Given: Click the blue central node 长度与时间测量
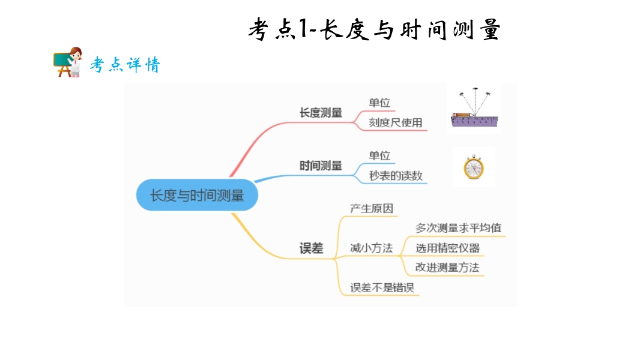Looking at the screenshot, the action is tap(197, 195).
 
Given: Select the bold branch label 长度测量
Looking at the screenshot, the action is tap(321, 113).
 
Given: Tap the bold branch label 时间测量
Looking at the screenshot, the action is tap(321, 166).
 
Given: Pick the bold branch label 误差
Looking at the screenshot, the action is tap(311, 248).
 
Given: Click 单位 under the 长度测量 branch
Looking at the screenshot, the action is tap(379, 103).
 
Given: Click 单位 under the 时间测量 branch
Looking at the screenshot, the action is tap(379, 155).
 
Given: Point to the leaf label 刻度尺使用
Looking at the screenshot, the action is tap(396, 122).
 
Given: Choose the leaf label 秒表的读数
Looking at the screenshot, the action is tap(396, 175).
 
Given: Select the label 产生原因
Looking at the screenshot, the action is tap(372, 208).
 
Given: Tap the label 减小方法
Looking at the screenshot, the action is tap(372, 248).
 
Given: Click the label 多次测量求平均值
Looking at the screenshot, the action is tap(458, 228).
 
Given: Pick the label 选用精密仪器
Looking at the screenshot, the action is tap(448, 248).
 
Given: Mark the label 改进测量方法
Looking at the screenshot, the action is tap(447, 268).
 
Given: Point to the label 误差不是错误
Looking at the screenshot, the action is tap(382, 287).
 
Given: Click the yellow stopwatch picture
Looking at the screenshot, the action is tap(474, 167).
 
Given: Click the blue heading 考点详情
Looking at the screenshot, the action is tap(125, 64).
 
